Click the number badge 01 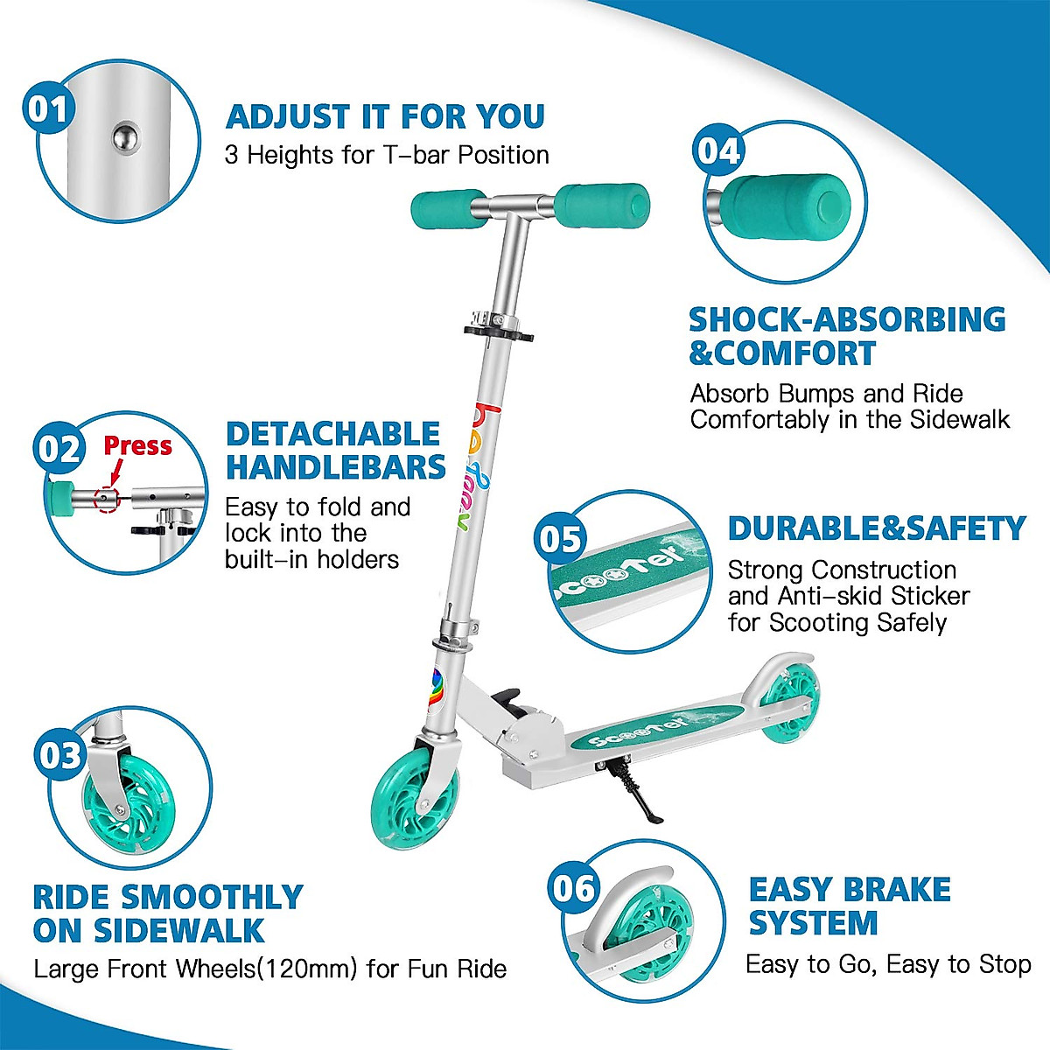click(48, 110)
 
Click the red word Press click(137, 445)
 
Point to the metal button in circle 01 click(124, 136)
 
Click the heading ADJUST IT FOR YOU click(385, 116)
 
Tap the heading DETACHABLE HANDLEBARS click(336, 451)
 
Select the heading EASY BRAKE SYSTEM click(849, 906)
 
